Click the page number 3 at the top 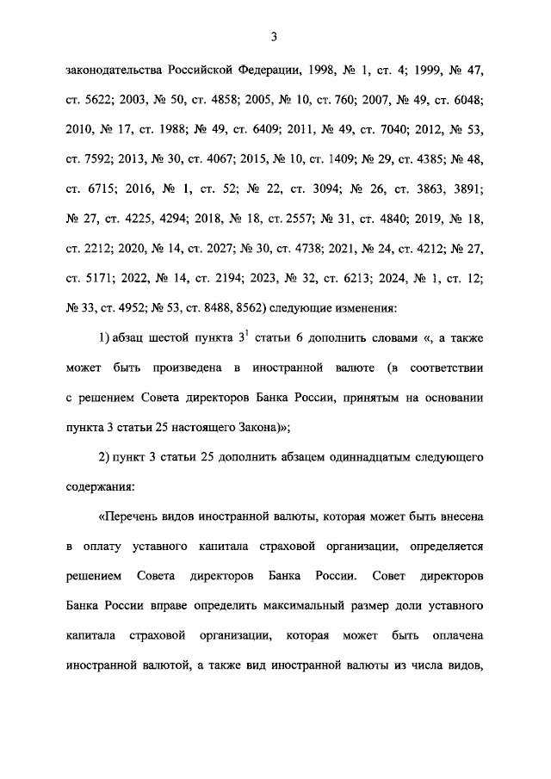[273, 36]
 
